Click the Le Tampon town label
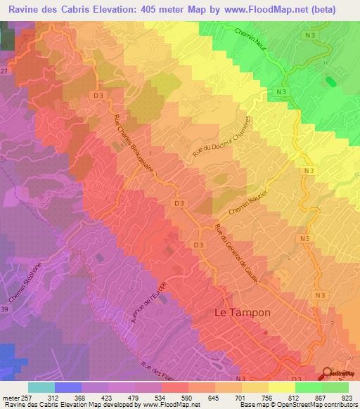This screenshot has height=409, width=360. point(241,311)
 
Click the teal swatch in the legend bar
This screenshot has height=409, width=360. point(41,387)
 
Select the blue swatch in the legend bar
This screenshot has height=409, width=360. point(68,387)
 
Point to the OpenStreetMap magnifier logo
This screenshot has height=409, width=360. point(327,375)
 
